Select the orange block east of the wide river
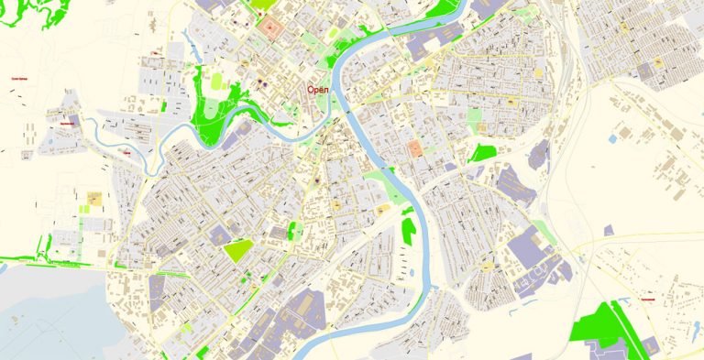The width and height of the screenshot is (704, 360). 415,148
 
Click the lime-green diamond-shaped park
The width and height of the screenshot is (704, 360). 237,249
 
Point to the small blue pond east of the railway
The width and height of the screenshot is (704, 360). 612,139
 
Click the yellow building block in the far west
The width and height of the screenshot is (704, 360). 93,198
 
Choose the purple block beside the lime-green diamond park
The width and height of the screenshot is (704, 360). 220,236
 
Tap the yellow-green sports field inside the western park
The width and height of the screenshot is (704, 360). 218,82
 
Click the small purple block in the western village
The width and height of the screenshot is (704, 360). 74,120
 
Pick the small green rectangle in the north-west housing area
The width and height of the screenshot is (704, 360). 164,106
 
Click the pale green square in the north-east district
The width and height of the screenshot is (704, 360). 474,117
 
